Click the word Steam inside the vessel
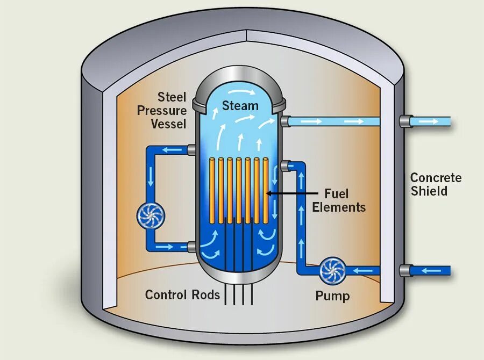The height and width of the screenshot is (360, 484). click(240, 106)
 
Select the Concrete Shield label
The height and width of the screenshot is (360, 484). click(436, 184)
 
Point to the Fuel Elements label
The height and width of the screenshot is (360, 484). click(339, 200)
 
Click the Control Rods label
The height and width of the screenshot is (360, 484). click(183, 294)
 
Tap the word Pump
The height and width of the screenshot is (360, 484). click(332, 296)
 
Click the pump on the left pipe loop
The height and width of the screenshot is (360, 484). click(151, 215)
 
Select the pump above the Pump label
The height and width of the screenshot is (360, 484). click(332, 270)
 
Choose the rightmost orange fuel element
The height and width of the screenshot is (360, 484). click(265, 190)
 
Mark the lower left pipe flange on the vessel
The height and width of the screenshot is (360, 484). click(192, 247)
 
